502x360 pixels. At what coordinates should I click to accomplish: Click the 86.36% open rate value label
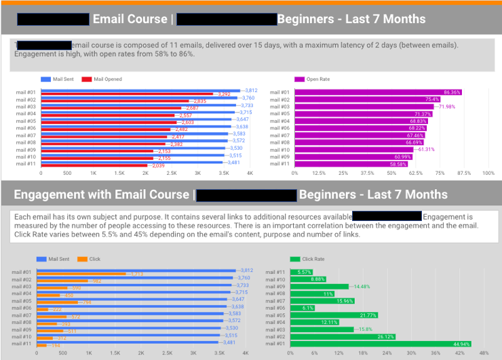[452, 92]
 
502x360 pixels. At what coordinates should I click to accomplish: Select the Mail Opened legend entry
[107, 79]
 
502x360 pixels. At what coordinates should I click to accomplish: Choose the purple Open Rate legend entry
[317, 79]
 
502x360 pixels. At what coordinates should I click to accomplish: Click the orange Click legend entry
[94, 259]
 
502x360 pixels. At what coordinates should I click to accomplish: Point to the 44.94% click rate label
[462, 344]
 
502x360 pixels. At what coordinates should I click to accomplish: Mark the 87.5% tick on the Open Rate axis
[464, 174]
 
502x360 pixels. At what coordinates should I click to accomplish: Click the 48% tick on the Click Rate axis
[483, 353]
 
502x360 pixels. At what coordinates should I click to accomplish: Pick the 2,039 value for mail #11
[157, 165]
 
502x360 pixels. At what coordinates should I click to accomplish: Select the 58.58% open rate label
[398, 164]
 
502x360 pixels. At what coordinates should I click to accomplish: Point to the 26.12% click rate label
[386, 337]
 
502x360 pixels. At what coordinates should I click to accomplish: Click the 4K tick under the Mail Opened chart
[250, 174]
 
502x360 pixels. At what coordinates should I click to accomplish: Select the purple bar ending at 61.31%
[360, 149]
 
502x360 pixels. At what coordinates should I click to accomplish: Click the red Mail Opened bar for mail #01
[126, 94]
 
